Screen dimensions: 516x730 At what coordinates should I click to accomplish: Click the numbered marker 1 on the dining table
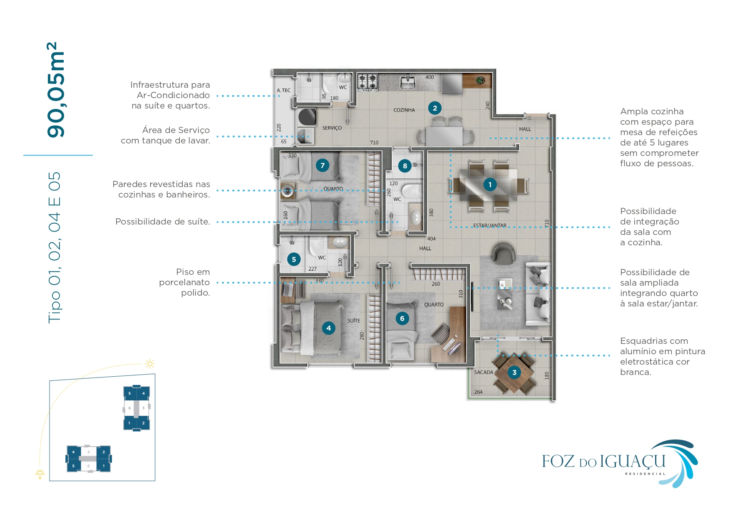(490, 185)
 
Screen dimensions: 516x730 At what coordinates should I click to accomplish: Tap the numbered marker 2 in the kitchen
(435, 108)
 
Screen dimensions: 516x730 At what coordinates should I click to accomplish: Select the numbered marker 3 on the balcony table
(514, 373)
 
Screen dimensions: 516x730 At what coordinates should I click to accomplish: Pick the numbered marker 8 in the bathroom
(405, 166)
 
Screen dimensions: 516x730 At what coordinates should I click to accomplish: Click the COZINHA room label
(404, 110)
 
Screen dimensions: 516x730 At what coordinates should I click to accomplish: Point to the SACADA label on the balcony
(484, 373)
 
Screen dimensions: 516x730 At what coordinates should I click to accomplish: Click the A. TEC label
(283, 90)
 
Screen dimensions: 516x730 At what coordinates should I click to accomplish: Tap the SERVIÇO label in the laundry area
(332, 128)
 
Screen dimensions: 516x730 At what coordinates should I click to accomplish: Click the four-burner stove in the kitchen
(368, 81)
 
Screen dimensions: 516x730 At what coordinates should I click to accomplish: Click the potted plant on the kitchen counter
(481, 80)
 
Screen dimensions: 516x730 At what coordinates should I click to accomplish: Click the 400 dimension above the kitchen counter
(430, 77)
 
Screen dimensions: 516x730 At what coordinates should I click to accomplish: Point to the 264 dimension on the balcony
(478, 392)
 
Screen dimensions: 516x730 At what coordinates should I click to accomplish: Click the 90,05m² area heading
(56, 90)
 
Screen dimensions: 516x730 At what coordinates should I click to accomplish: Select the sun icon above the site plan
(150, 364)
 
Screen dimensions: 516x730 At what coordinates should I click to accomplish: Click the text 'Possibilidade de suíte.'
(162, 222)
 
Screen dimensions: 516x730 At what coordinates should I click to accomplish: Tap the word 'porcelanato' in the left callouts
(184, 282)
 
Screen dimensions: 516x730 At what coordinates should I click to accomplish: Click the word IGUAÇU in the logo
(633, 462)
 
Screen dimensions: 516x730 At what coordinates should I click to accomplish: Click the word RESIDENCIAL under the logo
(645, 474)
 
